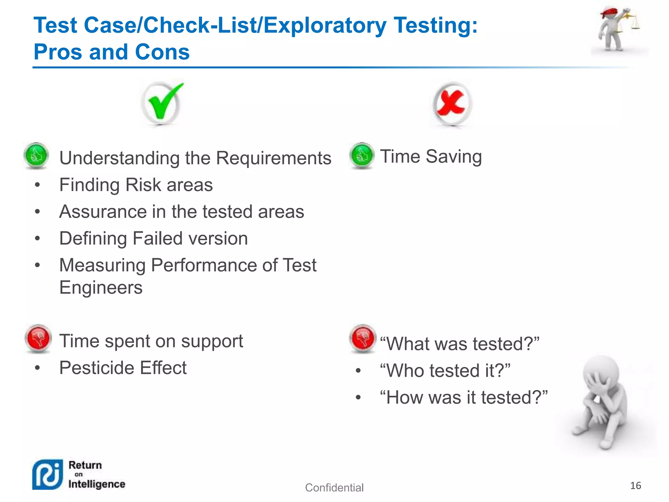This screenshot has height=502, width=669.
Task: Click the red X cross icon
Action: coord(452,104)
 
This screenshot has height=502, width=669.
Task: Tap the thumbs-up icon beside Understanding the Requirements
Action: coord(36,155)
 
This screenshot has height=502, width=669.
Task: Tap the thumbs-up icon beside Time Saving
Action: coord(362,155)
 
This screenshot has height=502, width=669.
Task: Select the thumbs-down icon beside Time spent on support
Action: coord(38,338)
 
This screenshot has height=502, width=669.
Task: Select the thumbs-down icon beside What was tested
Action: coord(363,338)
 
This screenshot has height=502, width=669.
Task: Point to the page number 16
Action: coord(635,486)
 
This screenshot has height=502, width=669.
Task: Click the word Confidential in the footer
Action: coord(334,488)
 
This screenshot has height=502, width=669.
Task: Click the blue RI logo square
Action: coord(47,475)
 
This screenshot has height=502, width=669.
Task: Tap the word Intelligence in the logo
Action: coord(97,484)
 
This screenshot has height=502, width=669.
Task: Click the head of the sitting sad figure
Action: coord(601,373)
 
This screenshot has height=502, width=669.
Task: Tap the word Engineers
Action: coord(101,288)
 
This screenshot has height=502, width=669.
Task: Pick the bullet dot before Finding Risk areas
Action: coord(38,185)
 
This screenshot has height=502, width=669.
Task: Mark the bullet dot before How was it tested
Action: coord(358,398)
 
